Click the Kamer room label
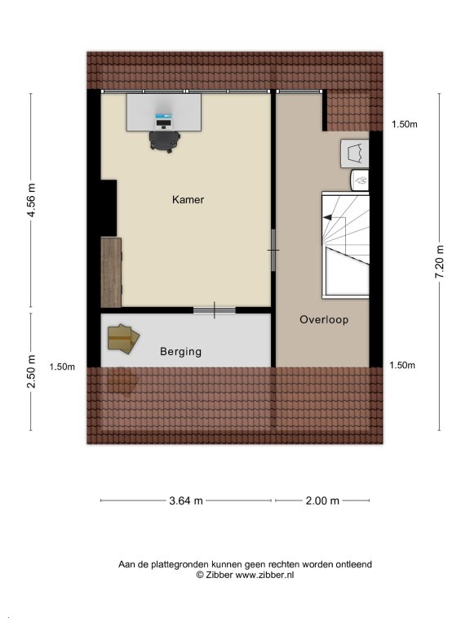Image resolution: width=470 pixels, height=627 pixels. (188, 199)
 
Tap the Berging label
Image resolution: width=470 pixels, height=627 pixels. (180, 352)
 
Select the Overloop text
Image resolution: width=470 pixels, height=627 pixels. (324, 320)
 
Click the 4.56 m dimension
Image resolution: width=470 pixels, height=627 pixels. (31, 199)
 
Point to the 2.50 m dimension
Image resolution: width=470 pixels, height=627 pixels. (31, 371)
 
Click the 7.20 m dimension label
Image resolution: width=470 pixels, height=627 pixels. (440, 261)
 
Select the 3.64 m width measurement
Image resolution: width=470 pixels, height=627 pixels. (186, 500)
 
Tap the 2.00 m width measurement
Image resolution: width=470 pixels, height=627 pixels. (322, 500)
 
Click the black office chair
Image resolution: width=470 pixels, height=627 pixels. (165, 141)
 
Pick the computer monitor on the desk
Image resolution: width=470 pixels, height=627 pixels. (163, 121)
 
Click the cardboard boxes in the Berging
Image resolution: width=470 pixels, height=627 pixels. (123, 339)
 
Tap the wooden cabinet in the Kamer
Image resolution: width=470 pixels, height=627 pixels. (111, 273)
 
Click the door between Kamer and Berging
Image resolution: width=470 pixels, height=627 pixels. (215, 310)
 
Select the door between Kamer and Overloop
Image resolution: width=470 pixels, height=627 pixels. (273, 251)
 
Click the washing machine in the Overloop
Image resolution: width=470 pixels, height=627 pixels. (354, 153)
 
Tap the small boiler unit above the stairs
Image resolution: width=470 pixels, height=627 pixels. (360, 180)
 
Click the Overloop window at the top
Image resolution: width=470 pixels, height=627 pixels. (299, 91)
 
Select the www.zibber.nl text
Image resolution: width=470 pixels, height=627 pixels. (264, 575)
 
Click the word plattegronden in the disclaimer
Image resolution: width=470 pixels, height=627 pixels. (182, 565)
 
